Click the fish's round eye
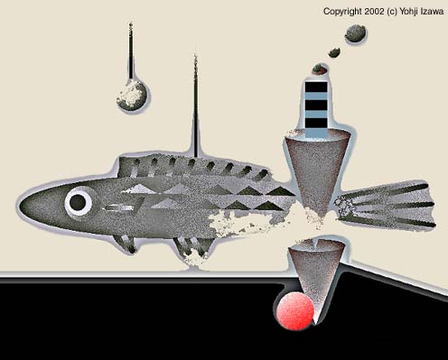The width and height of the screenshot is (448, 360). coord(78,202)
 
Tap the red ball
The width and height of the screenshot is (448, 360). coord(295,311)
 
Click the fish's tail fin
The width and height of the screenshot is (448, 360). coord(386,204)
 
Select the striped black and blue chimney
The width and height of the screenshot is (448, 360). coord(316,109)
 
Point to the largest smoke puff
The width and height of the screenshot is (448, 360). coord(355,33)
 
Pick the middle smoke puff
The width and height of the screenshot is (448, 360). coord(334,52)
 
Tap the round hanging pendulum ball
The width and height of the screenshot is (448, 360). coord(132,95)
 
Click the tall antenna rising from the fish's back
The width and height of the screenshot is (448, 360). coord(196,106)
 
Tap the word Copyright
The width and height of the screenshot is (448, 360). coord(342,12)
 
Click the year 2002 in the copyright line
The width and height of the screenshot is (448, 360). coord(374,12)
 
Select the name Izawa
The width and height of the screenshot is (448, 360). coord(432,12)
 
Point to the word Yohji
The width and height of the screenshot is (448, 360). coord(409,12)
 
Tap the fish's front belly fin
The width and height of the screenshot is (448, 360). coord(125,243)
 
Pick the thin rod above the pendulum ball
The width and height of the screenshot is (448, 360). coord(131,51)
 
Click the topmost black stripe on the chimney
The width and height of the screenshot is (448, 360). coord(316,87)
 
